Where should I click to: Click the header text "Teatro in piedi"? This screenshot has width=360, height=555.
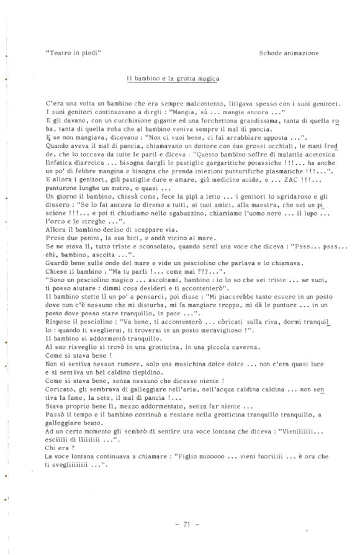(x=73, y=53)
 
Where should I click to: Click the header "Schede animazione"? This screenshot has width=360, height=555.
(x=289, y=53)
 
